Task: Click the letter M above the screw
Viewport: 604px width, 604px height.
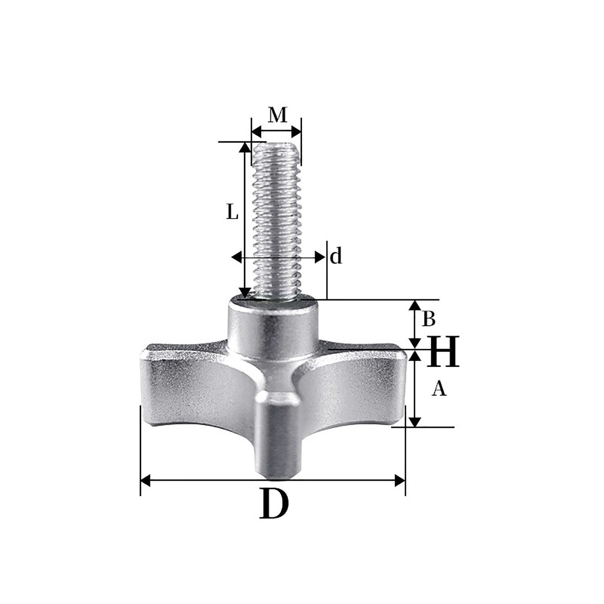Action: click(x=277, y=116)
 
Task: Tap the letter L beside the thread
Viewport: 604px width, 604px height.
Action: click(x=232, y=212)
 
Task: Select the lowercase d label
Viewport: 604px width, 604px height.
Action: click(x=336, y=256)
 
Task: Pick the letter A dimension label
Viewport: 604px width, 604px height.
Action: click(x=439, y=389)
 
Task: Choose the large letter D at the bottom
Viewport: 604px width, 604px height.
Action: click(x=274, y=504)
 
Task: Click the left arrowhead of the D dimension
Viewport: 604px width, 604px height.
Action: click(x=145, y=480)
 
